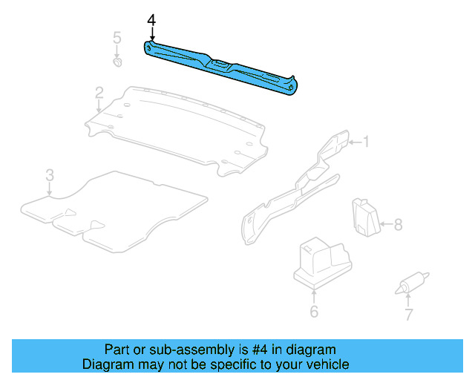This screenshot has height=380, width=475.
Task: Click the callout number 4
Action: point(151,20)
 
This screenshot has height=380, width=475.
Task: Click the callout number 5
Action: point(117,38)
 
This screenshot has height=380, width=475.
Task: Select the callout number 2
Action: point(99,93)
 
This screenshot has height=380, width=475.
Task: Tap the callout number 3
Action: point(49,175)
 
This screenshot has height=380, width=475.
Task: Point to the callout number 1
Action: point(364,141)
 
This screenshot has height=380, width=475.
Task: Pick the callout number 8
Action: point(398,224)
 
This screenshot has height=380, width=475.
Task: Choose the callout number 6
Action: point(314,312)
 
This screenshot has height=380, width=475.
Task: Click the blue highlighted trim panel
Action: point(223,66)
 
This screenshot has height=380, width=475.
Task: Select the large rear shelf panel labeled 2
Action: point(178,126)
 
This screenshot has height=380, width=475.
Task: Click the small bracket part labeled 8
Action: point(365,215)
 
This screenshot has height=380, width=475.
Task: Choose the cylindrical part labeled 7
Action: point(409,283)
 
